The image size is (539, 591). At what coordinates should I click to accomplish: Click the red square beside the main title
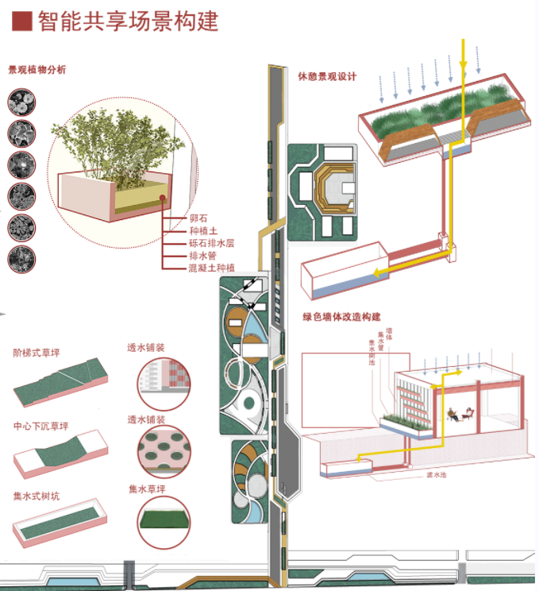(23, 21)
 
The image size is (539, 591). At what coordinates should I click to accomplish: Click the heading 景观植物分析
(37, 70)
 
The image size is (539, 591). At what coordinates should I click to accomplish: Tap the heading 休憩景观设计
(327, 77)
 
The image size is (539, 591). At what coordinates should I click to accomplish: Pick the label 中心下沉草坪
(41, 424)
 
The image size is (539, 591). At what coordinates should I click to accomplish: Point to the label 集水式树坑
(37, 496)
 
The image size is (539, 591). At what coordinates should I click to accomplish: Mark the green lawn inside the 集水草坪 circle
(164, 521)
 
